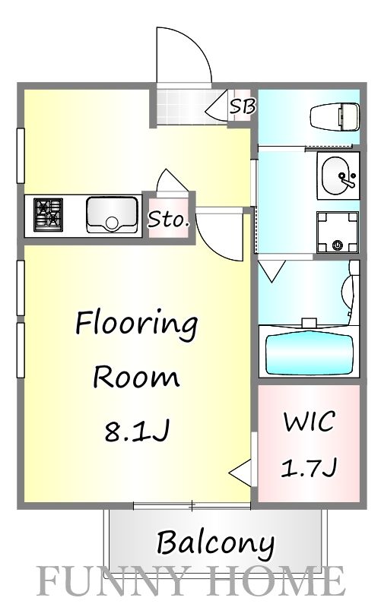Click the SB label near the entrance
click(243, 107)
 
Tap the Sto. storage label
click(168, 221)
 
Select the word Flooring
click(136, 326)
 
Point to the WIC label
click(308, 422)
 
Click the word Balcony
click(215, 543)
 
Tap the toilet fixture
click(334, 118)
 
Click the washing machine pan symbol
click(337, 231)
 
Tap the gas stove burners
click(48, 214)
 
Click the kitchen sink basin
click(111, 214)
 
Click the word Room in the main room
click(136, 378)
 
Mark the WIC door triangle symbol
click(243, 473)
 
